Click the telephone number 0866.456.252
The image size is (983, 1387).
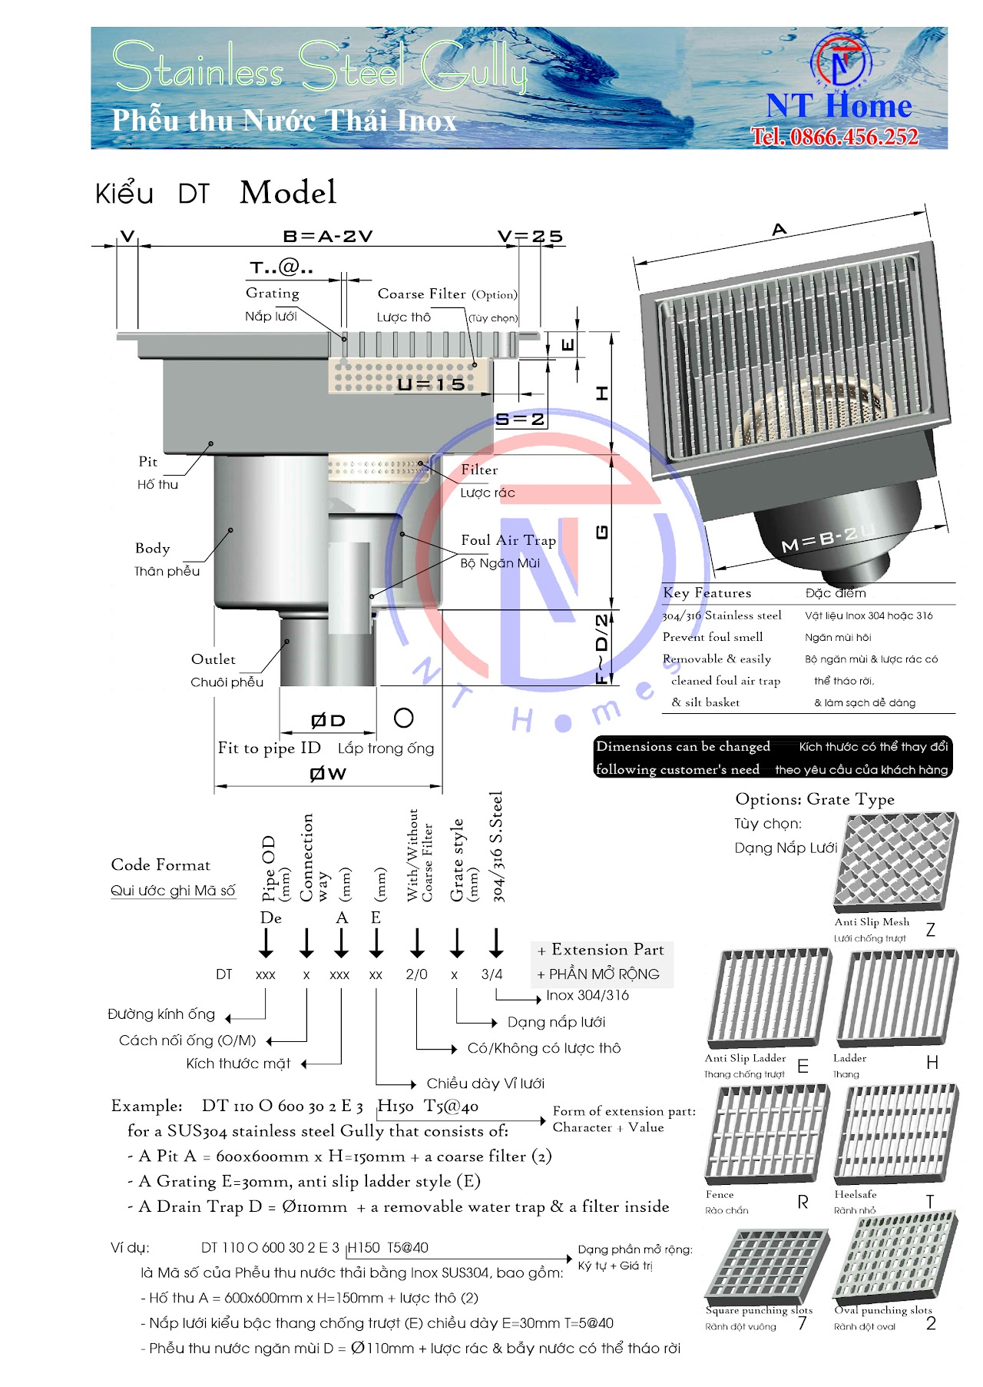click(835, 137)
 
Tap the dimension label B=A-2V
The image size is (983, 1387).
click(328, 236)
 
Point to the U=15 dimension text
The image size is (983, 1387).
click(430, 384)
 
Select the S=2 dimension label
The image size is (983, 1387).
click(520, 420)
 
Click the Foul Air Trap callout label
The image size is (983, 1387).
click(508, 540)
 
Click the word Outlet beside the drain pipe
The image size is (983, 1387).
click(213, 659)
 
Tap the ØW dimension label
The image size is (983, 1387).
click(328, 774)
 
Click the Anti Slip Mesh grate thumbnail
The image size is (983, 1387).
click(896, 861)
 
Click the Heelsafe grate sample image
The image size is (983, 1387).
click(896, 1134)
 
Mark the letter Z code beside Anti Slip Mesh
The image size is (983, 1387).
click(930, 930)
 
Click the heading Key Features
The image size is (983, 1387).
click(707, 592)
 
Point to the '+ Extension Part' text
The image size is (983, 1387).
click(601, 950)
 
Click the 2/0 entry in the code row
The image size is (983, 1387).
click(416, 974)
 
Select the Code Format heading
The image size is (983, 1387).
click(161, 865)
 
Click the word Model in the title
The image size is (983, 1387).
click(288, 192)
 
